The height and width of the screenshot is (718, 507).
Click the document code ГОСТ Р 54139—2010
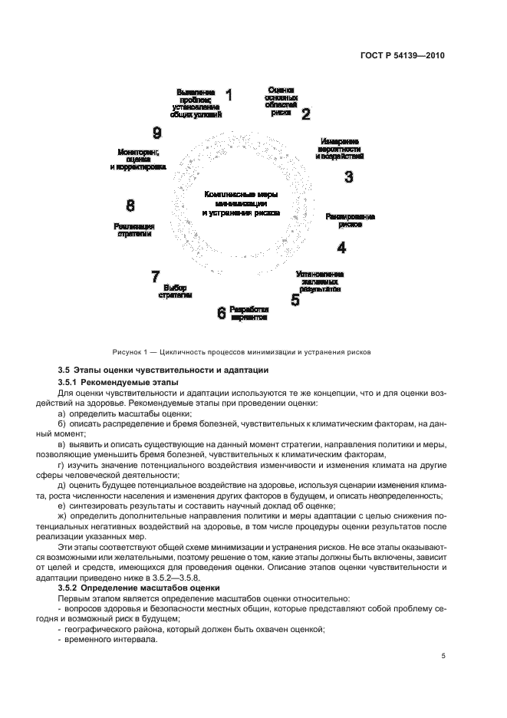(407, 56)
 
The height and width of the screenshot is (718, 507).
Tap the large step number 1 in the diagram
(228, 96)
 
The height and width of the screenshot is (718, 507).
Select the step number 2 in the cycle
(305, 114)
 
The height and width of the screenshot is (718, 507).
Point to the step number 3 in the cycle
(348, 177)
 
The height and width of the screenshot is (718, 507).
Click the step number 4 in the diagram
(341, 248)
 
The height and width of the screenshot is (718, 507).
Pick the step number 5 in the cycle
(295, 300)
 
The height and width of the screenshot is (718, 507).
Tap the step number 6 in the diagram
(222, 313)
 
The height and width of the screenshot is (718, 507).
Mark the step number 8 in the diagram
(130, 205)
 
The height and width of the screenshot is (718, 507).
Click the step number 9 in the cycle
(156, 132)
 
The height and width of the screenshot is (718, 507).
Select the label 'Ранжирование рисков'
(349, 221)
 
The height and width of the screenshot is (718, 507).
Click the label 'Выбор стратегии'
(176, 291)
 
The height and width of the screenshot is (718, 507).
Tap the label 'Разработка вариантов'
(249, 312)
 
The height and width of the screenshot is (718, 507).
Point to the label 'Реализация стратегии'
(134, 230)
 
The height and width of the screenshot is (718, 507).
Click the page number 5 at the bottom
(443, 656)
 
